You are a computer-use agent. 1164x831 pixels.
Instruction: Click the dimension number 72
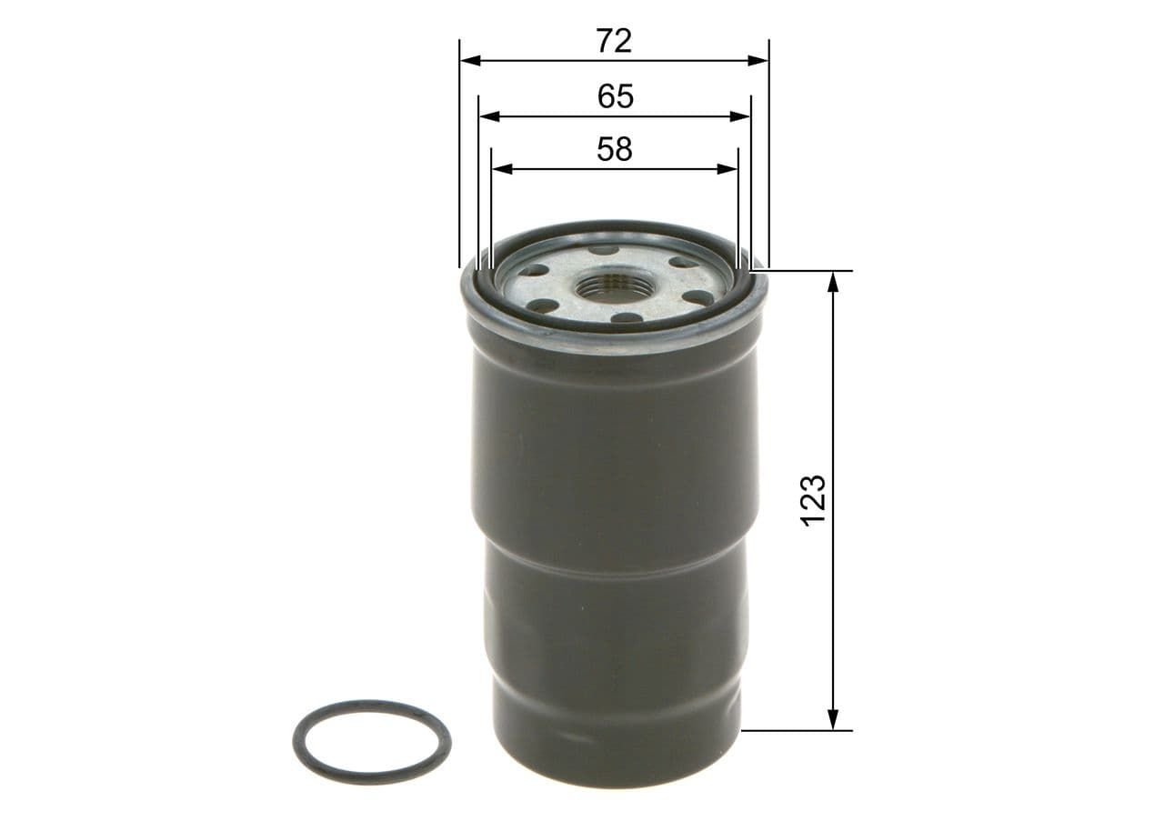pos(614,41)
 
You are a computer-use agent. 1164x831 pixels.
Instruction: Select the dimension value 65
pos(616,96)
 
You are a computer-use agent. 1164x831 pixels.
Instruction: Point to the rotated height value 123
pos(813,498)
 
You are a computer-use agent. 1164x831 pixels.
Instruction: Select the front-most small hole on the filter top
pos(626,318)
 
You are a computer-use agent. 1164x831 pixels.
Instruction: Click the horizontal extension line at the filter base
pos(797,730)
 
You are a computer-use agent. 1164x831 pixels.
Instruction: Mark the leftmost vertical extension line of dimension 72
pos(460,155)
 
